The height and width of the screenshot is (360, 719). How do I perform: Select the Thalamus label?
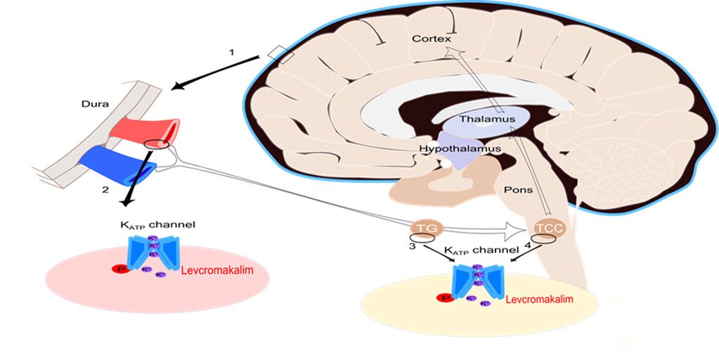tap(487, 120)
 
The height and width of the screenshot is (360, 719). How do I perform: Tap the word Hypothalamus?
tap(460, 148)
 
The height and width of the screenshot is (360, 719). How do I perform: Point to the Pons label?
tap(517, 191)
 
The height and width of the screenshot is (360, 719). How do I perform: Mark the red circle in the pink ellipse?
tap(120, 270)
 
